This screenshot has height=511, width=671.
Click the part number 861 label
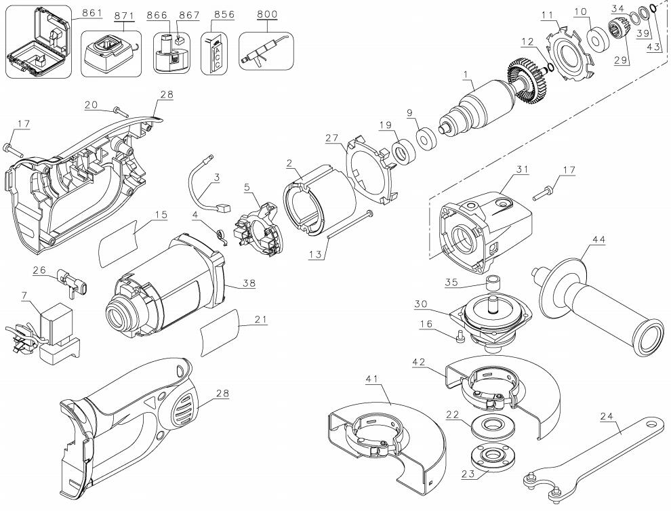(92, 13)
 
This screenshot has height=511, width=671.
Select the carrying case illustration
(38, 41)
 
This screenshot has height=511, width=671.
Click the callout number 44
(598, 240)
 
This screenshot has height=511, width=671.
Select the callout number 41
(373, 378)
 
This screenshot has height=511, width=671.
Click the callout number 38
(249, 283)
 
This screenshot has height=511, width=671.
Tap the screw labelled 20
(121, 113)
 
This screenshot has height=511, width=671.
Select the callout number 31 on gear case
(522, 169)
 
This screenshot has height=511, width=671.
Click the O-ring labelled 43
(652, 7)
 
